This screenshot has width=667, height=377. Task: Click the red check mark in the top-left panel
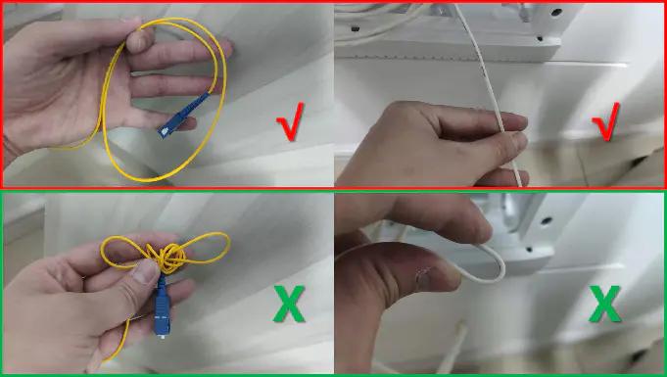(291, 122)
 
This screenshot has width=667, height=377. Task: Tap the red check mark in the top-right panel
(605, 122)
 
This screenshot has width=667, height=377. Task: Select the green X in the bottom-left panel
(289, 304)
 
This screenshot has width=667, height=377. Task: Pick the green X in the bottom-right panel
(605, 304)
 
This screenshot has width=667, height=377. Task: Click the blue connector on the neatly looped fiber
(183, 115)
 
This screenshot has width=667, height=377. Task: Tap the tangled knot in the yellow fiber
(169, 258)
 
